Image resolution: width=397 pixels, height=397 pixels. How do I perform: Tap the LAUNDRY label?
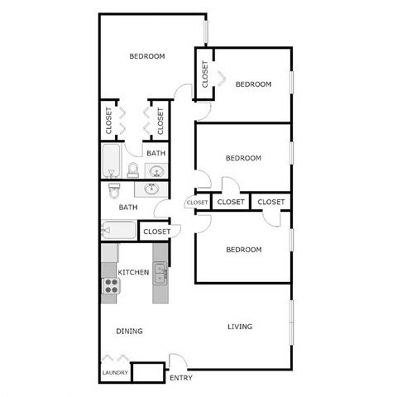[114, 373]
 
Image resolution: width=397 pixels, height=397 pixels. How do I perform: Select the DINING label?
[129, 331]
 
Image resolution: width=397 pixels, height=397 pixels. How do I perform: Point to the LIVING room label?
[240, 327]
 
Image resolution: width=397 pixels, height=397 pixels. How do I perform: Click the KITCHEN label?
[133, 272]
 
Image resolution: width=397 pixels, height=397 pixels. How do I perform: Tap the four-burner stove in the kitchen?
[111, 286]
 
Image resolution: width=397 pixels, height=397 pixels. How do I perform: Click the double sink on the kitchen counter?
[160, 271]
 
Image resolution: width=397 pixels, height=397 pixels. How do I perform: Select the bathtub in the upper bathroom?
[111, 160]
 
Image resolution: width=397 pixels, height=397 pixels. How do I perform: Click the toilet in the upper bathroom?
[132, 170]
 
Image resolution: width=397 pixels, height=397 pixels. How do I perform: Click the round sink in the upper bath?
[155, 170]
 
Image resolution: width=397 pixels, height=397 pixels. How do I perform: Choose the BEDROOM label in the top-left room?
[147, 56]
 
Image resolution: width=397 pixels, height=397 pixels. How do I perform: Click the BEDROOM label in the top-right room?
[253, 84]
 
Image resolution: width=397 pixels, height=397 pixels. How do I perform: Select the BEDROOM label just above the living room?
[244, 249]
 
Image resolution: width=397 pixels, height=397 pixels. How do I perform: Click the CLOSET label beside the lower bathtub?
[155, 232]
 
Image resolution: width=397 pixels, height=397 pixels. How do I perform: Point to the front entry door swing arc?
[177, 362]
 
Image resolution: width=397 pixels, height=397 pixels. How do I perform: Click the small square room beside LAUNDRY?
[148, 372]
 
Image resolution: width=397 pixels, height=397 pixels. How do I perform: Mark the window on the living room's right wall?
[291, 323]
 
